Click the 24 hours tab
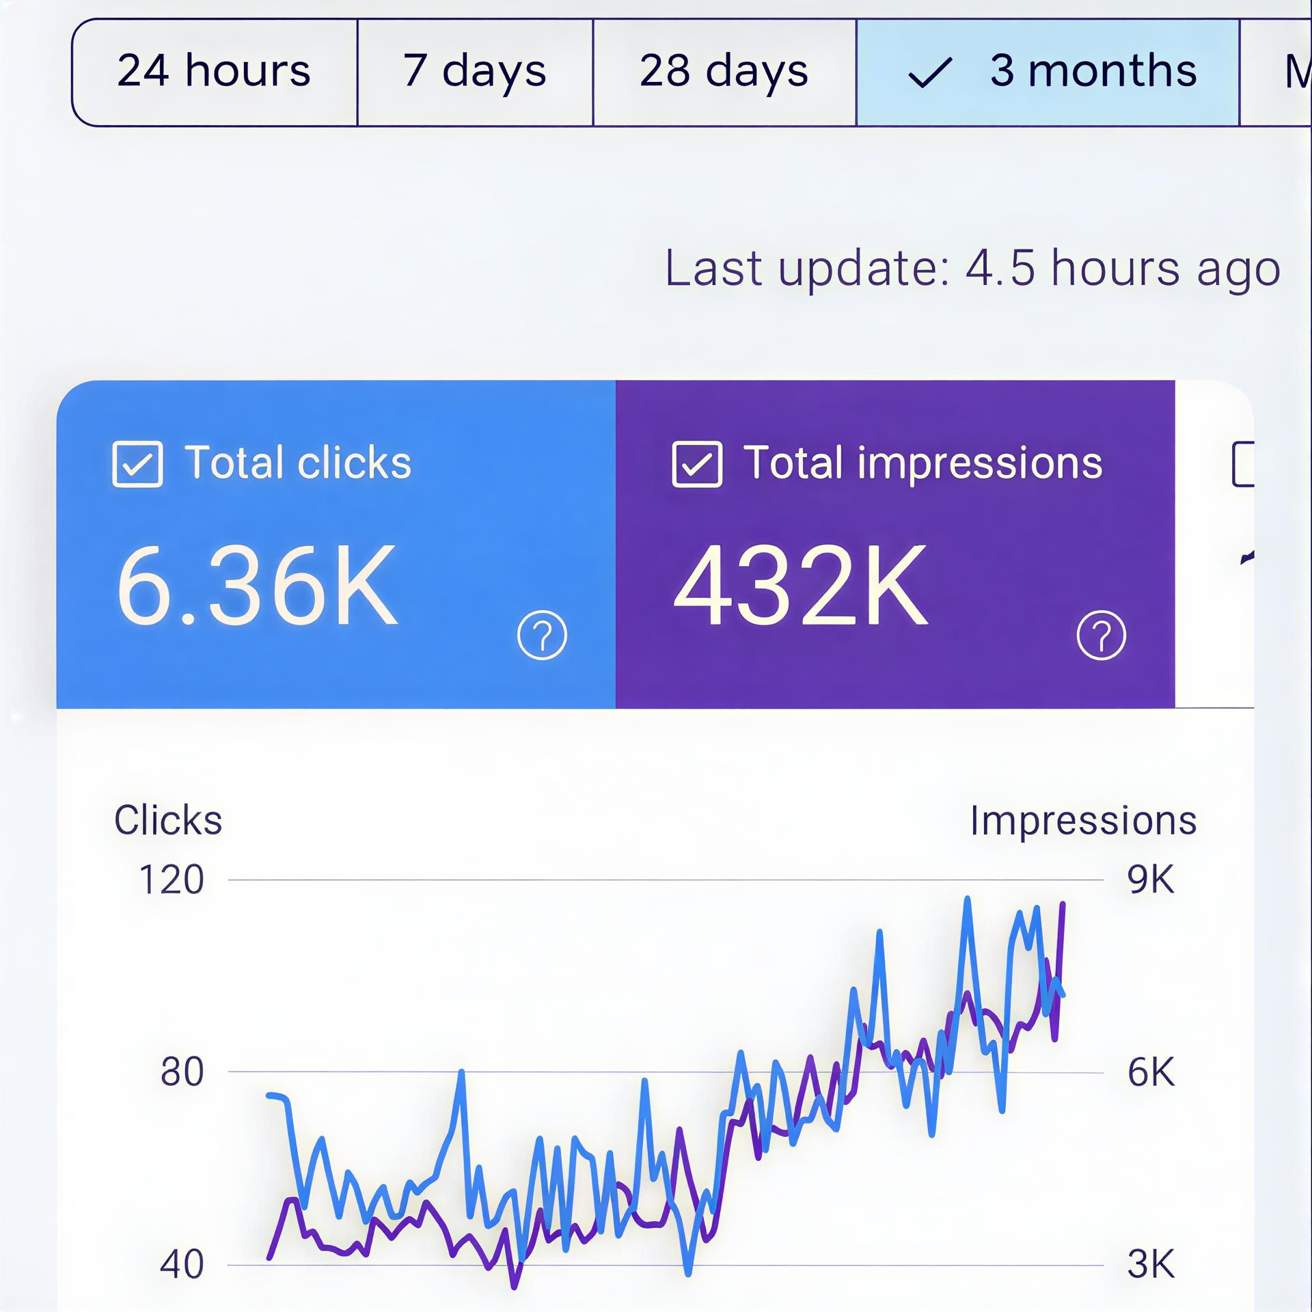(x=214, y=72)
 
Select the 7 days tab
(x=474, y=72)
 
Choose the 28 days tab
(x=724, y=72)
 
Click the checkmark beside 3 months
(x=929, y=72)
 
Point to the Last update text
(x=972, y=268)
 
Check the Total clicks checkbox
(x=137, y=464)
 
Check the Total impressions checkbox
(x=696, y=464)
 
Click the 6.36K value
(x=257, y=586)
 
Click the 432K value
(x=801, y=585)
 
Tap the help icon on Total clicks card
(x=542, y=635)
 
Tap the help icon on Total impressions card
(x=1101, y=635)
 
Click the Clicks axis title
(x=168, y=820)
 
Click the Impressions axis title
(x=1083, y=820)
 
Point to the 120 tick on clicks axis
(x=171, y=879)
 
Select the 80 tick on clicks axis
(x=182, y=1071)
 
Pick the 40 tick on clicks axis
(x=182, y=1264)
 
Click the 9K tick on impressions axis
(x=1151, y=879)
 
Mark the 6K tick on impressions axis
(x=1151, y=1071)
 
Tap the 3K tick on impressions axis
(x=1151, y=1264)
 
